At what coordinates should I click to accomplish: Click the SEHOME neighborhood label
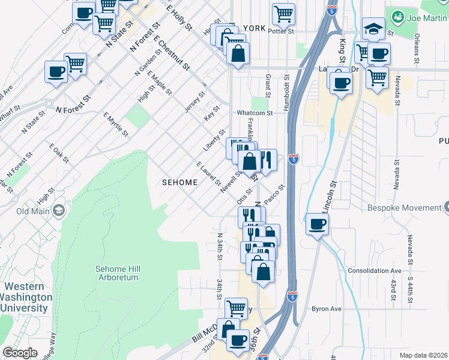[179, 182]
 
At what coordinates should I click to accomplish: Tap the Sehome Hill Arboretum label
[117, 273]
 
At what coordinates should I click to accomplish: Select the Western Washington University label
[25, 297]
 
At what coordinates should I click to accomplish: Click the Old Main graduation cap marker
[59, 211]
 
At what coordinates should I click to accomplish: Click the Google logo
[20, 353]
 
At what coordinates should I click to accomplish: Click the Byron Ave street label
[326, 309]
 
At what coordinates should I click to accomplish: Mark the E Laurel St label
[206, 173]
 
